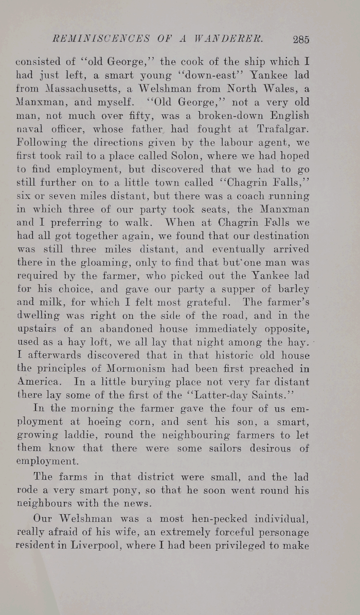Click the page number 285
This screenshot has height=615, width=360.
[x=300, y=39]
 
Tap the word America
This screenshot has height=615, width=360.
[x=37, y=382]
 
